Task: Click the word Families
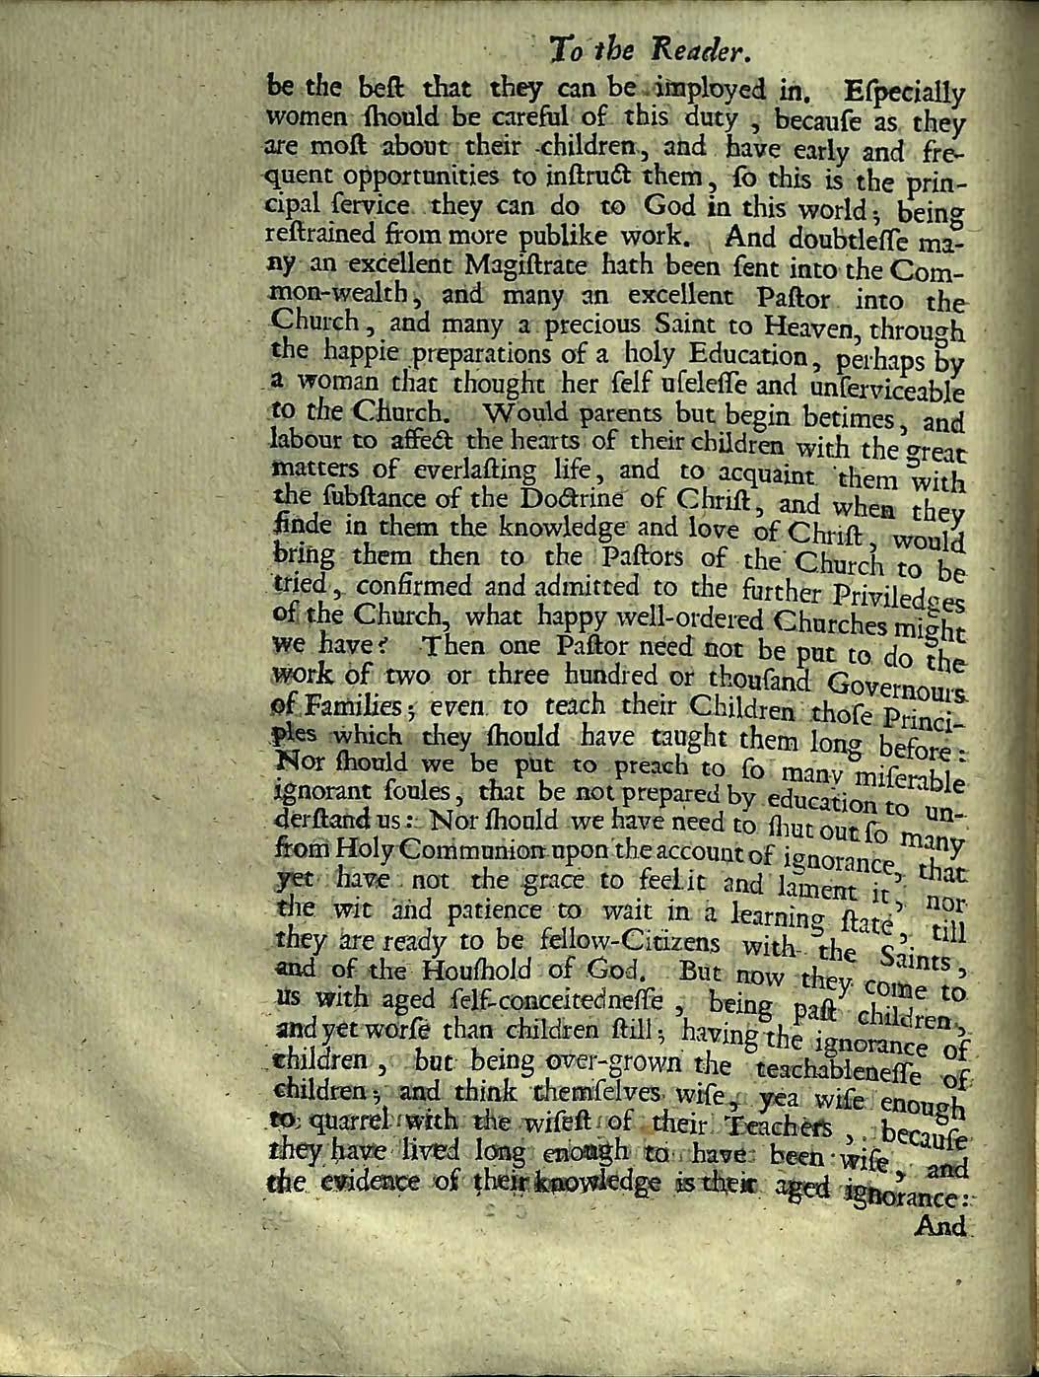[312, 708]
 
